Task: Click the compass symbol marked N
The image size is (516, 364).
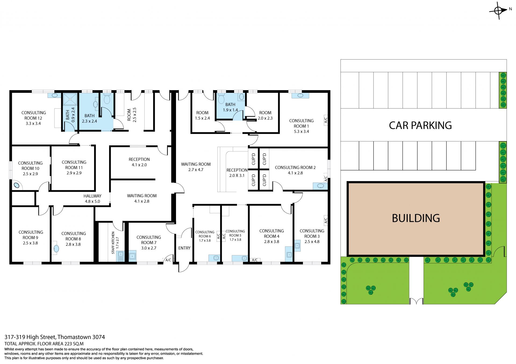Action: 499,11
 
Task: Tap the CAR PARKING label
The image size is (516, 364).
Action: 420,125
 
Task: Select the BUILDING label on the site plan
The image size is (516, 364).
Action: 416,218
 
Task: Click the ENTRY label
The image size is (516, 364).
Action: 184,248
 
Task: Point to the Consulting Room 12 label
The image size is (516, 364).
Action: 34,118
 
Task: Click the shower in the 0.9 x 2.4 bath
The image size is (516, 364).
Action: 70,99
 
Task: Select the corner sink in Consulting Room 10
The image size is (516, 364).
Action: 17,185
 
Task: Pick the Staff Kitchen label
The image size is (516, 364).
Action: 115,243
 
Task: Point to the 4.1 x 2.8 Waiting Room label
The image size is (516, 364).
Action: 142,198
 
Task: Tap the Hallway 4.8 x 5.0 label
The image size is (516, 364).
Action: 92,199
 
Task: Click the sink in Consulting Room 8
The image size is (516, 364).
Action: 56,248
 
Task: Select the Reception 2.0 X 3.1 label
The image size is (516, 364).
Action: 237,173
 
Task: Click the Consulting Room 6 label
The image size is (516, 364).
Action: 205,236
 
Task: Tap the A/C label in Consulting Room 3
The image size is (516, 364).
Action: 326,220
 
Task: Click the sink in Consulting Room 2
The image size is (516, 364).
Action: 320,186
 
